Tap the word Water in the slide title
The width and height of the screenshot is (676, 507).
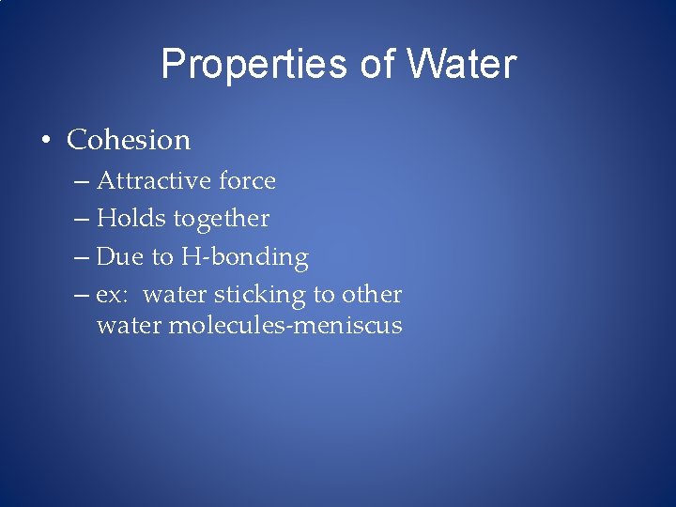tap(461, 65)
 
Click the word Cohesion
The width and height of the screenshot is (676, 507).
tap(129, 140)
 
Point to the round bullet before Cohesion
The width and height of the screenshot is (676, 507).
tap(45, 142)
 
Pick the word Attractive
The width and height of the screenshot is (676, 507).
tap(153, 180)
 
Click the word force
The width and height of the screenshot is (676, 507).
tap(246, 180)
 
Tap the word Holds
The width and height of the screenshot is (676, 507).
tap(130, 219)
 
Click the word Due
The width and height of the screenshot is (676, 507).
tap(116, 256)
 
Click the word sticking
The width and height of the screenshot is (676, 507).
tap(260, 295)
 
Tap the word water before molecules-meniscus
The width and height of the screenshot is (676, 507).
tap(129, 326)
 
